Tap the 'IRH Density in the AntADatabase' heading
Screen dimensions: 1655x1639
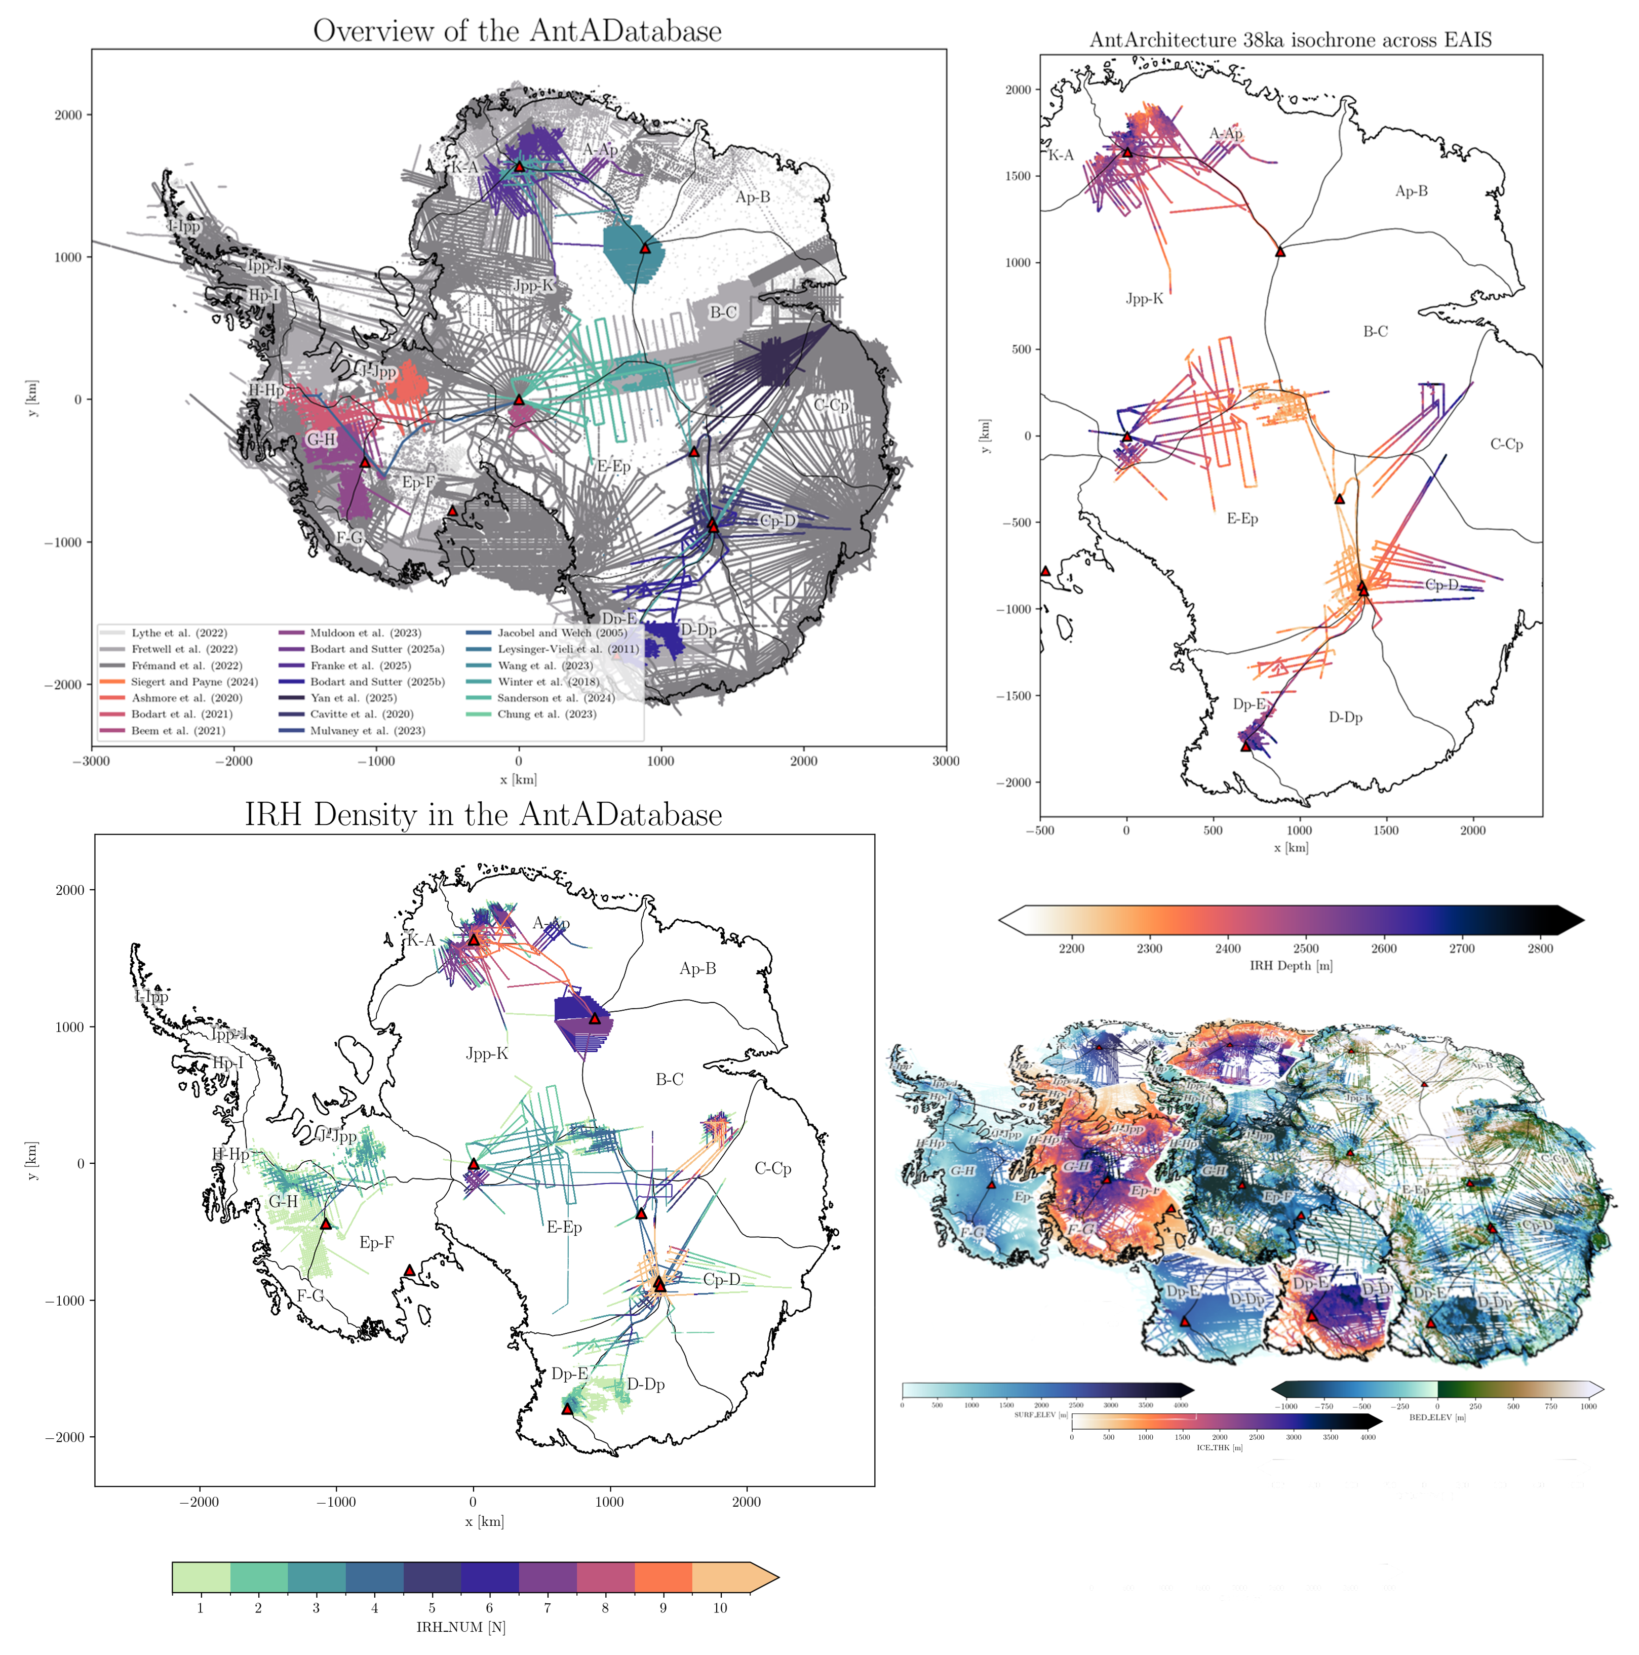483,815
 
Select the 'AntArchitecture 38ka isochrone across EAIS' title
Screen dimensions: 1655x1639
1291,41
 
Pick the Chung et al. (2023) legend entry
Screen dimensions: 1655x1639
547,714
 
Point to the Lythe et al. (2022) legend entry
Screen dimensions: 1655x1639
178,633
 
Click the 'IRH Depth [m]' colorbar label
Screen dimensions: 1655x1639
1291,965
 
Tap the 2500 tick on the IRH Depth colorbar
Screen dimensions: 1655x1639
1306,949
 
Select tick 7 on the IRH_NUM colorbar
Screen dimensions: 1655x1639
548,1608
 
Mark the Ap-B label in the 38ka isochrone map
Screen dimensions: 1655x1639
1411,191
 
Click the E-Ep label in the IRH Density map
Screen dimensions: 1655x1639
564,1228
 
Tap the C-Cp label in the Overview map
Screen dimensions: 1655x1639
830,405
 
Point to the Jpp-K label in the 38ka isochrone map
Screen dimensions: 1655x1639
1145,299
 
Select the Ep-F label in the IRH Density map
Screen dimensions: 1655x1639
376,1242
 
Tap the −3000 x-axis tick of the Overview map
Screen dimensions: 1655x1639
92,761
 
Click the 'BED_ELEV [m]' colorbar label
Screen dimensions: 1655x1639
1437,1417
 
